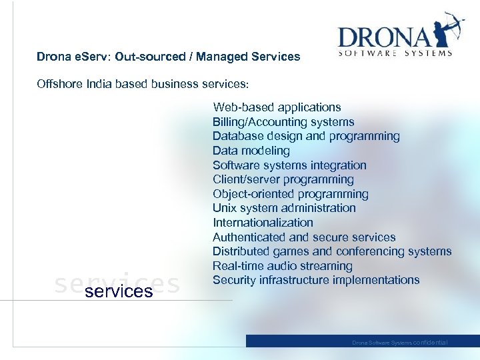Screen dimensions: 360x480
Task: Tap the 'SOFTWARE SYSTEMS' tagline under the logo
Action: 395,53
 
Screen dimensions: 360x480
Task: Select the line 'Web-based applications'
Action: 277,107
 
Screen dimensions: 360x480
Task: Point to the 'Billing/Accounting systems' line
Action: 283,122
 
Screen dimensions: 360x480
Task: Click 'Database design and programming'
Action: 306,136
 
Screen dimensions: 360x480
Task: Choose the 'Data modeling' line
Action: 251,151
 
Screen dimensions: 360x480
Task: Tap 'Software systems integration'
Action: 289,165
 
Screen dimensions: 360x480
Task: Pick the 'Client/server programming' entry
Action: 283,179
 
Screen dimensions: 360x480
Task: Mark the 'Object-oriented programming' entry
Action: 290,194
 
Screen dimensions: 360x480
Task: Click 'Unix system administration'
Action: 284,208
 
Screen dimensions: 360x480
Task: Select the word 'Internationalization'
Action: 263,223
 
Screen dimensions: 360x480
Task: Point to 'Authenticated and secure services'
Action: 304,237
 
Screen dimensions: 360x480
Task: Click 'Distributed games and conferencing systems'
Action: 332,251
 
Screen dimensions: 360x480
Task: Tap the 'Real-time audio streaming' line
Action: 282,265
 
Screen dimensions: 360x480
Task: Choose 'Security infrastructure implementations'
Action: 316,280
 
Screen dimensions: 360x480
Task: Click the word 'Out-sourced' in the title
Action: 149,57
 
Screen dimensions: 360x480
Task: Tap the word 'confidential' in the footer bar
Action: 431,343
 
